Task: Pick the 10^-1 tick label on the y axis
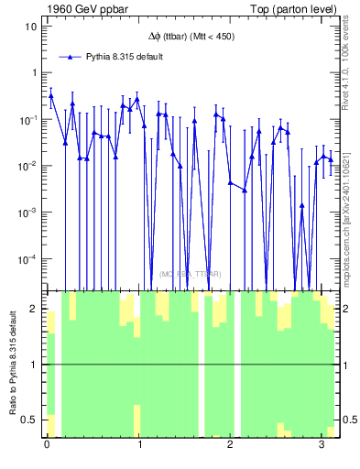pyautogui.click(x=27, y=118)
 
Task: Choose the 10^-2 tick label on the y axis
pyautogui.click(x=27, y=166)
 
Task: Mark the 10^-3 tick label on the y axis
pyautogui.click(x=27, y=213)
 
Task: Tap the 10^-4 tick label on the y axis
pyautogui.click(x=27, y=259)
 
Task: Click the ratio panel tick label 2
pyautogui.click(x=34, y=310)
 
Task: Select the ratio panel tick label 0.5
pyautogui.click(x=29, y=420)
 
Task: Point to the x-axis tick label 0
pyautogui.click(x=47, y=446)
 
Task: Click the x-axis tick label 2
pyautogui.click(x=231, y=446)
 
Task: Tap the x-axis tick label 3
pyautogui.click(x=322, y=446)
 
